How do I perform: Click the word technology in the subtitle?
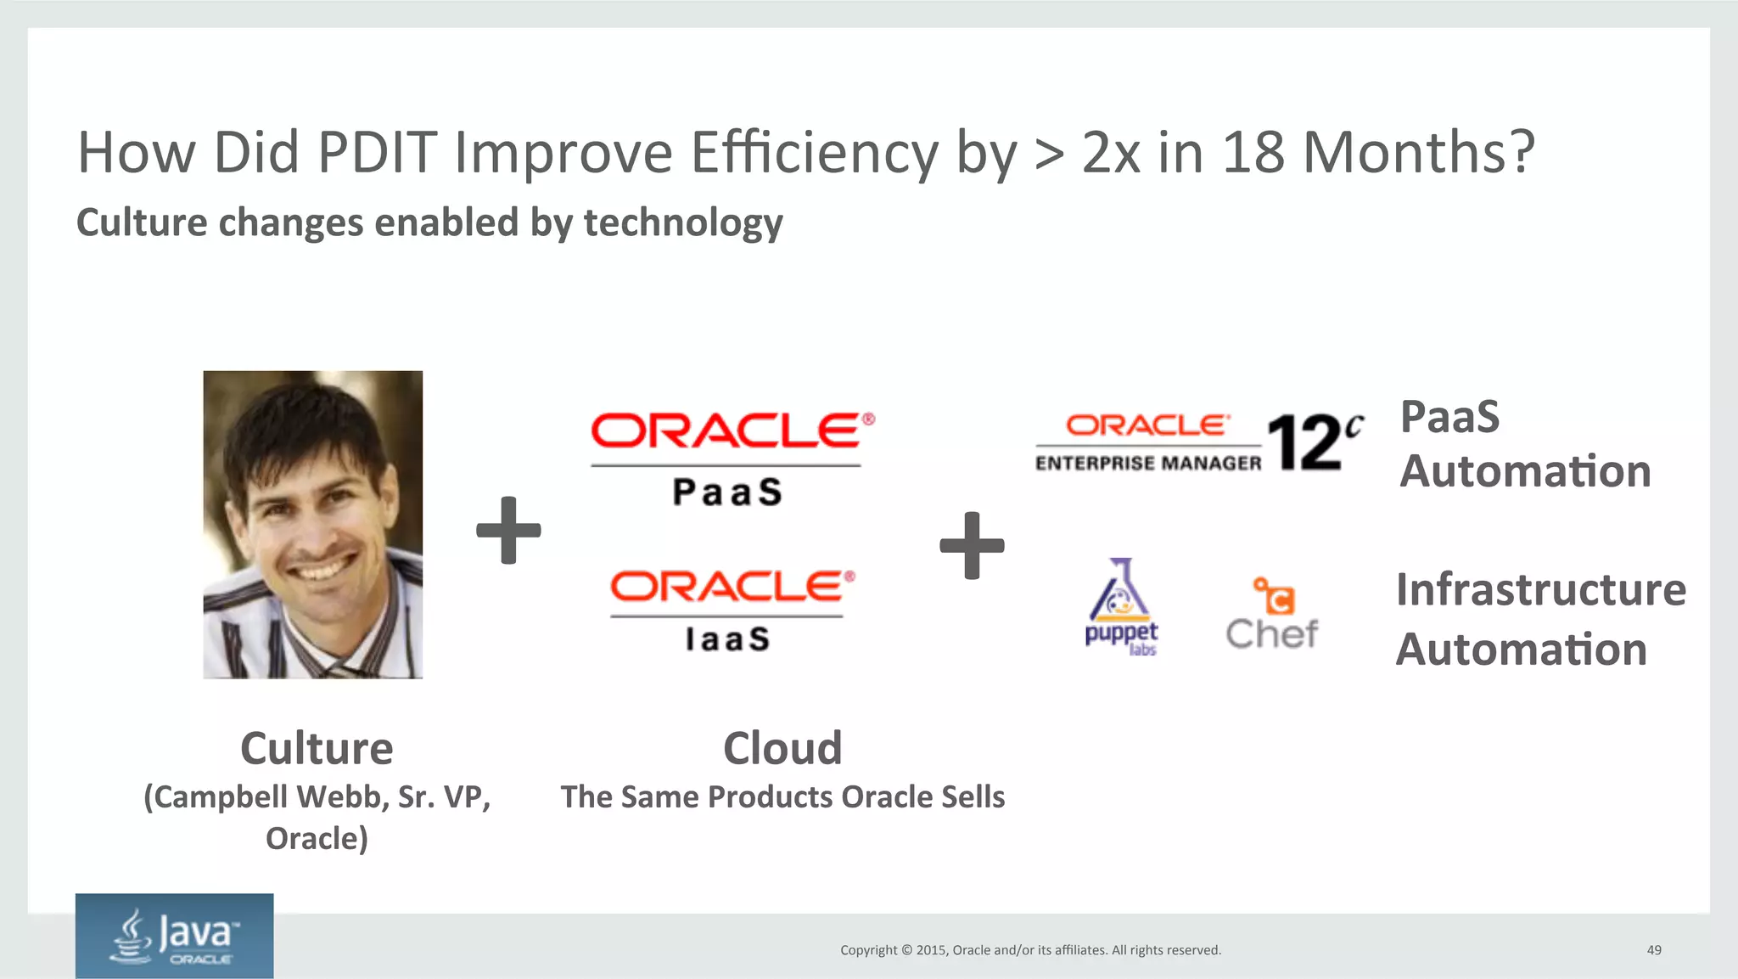[683, 222]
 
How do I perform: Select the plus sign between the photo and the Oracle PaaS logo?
[508, 531]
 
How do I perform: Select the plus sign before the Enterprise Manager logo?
[972, 545]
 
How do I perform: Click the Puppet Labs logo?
[1121, 607]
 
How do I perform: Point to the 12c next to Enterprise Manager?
[1313, 442]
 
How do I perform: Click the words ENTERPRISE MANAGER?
[1148, 464]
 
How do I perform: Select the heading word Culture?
[317, 749]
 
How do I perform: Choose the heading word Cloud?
[782, 749]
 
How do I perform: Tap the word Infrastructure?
[1540, 590]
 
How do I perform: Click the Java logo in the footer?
[175, 936]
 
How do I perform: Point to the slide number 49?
[1653, 950]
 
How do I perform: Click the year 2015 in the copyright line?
[931, 950]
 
